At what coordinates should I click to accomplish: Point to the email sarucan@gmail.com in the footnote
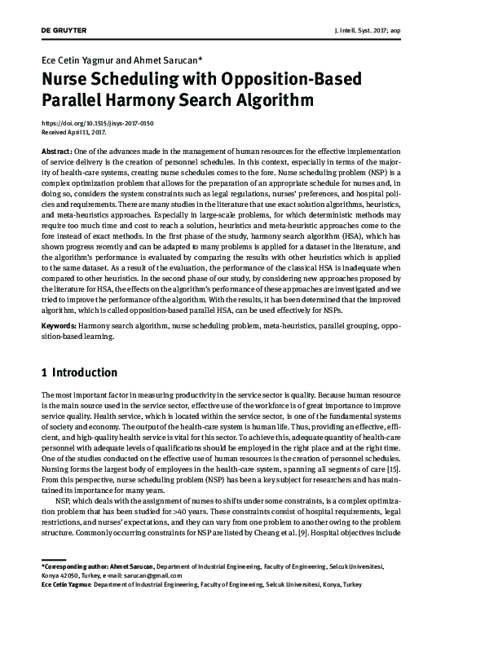coord(147,574)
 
